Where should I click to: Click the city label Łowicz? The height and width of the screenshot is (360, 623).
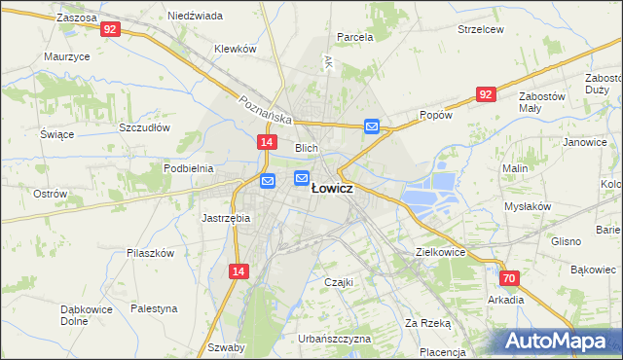click(332, 190)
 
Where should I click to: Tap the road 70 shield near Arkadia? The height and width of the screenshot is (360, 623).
click(510, 278)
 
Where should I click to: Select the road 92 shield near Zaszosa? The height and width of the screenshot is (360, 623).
click(109, 29)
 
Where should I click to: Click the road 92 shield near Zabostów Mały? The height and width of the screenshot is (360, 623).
click(486, 93)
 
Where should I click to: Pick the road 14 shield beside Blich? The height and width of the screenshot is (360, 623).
click(266, 142)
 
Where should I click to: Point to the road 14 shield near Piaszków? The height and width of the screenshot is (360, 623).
click(238, 272)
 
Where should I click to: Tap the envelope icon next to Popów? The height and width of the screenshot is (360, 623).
click(372, 126)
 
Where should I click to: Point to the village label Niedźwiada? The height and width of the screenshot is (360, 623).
click(195, 17)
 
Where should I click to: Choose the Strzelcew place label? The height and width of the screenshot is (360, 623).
click(480, 29)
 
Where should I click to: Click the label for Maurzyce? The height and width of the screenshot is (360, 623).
click(67, 56)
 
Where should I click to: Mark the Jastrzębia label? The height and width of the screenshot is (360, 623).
click(226, 218)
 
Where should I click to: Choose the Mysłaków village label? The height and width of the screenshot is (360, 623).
click(528, 206)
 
